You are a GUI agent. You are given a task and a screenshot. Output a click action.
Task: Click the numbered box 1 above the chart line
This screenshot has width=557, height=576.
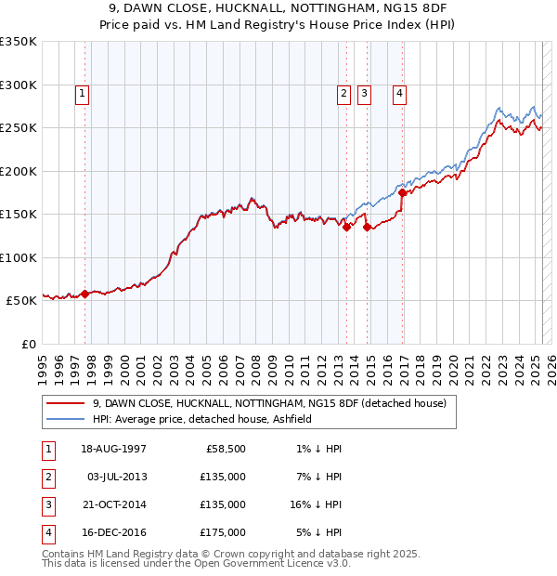click(82, 93)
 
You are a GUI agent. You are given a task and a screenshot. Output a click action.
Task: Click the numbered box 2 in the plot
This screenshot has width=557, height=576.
click(343, 93)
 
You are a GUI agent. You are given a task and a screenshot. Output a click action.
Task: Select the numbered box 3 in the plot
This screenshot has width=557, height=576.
click(364, 93)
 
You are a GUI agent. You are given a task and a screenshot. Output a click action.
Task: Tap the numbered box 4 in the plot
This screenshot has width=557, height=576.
click(399, 93)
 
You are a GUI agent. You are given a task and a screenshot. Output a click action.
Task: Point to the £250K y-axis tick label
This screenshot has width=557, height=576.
click(19, 127)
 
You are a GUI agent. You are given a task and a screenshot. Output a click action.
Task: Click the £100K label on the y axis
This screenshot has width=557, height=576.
click(19, 257)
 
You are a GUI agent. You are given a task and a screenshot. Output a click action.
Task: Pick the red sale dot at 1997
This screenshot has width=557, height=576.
click(85, 294)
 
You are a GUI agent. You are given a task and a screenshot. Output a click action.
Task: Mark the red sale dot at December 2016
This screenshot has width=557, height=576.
click(403, 193)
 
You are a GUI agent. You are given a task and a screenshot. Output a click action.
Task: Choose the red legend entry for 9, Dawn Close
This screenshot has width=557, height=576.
click(269, 403)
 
